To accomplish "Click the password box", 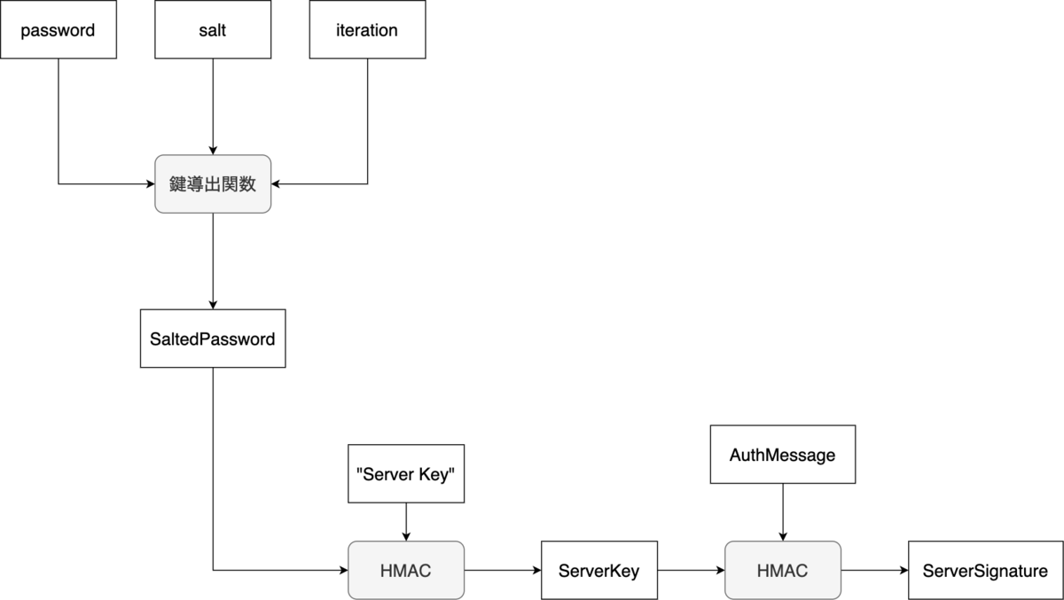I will [58, 30].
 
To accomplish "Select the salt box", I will [213, 30].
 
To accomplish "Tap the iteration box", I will [367, 30].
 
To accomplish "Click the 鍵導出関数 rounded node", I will [213, 184].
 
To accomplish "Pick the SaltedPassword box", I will [213, 339].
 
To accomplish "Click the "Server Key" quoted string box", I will [405, 473].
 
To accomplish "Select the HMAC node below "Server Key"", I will [405, 571].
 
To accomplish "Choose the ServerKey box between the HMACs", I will [598, 571].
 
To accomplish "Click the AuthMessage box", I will [783, 455].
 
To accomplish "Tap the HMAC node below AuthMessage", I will [783, 571].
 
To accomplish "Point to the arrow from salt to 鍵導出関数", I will [213, 106].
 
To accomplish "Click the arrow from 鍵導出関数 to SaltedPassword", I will [213, 261].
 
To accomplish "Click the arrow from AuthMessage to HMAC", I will [783, 512].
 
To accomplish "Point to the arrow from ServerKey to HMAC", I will [691, 571].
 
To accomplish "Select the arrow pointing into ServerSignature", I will [874, 571].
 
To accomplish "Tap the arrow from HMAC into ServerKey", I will [502, 571].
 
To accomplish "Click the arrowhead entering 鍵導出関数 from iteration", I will [277, 184].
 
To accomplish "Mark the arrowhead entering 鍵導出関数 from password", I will [150, 184].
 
